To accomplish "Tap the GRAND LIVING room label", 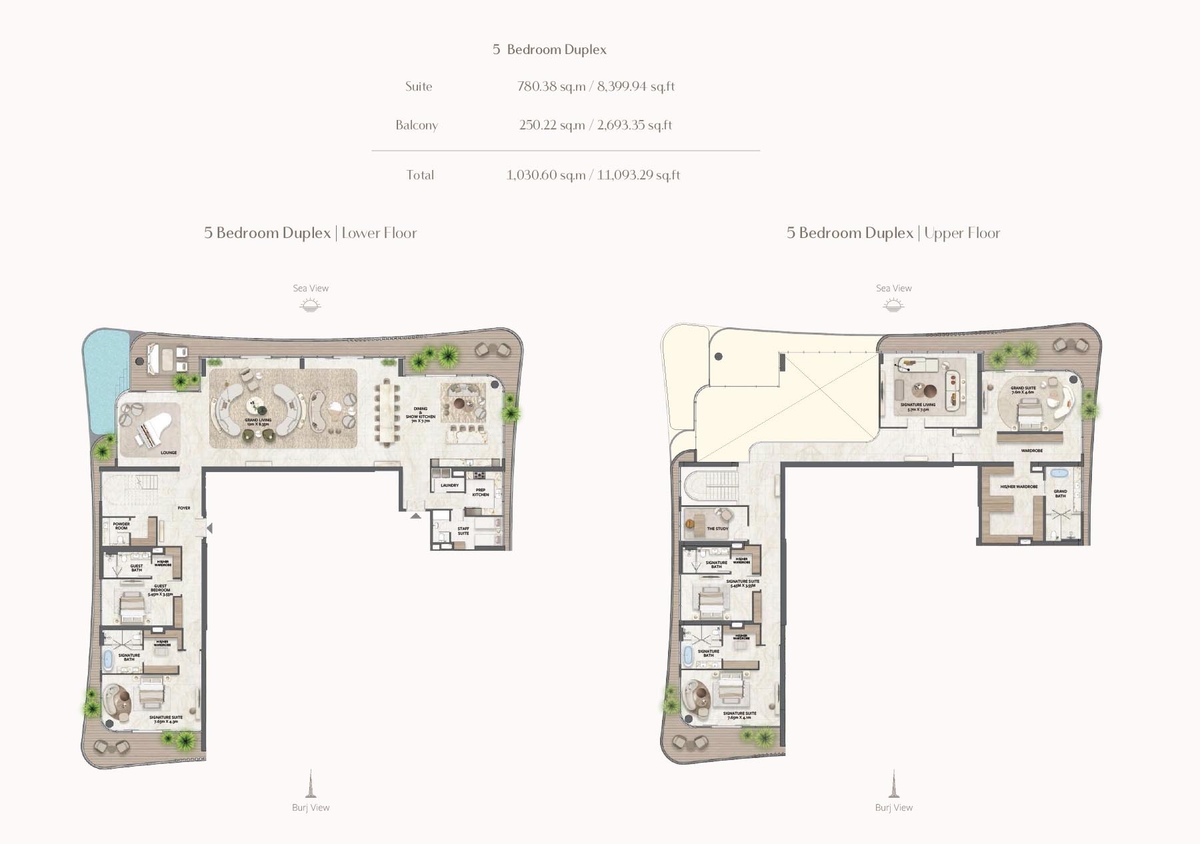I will pyautogui.click(x=258, y=421).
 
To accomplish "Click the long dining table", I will pyautogui.click(x=386, y=412).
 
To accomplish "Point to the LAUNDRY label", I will pyautogui.click(x=449, y=485).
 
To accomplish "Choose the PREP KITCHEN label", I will pyautogui.click(x=481, y=492).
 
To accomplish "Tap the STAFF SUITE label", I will pyautogui.click(x=463, y=531).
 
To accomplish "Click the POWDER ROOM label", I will pyautogui.click(x=121, y=525).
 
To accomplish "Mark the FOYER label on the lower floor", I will pyautogui.click(x=184, y=508).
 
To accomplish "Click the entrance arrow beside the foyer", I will pyautogui.click(x=209, y=528).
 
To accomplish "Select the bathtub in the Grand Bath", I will pyautogui.click(x=1059, y=473).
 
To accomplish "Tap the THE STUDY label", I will pyautogui.click(x=717, y=529).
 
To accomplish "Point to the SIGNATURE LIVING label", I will pyautogui.click(x=918, y=406).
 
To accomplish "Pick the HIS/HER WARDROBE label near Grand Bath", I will pyautogui.click(x=1019, y=487).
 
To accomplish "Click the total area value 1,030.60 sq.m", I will pyautogui.click(x=545, y=175).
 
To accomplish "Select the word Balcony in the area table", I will pyautogui.click(x=417, y=125).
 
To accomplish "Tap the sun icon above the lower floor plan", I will pyautogui.click(x=310, y=305).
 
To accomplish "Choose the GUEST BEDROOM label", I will pyautogui.click(x=160, y=589).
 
